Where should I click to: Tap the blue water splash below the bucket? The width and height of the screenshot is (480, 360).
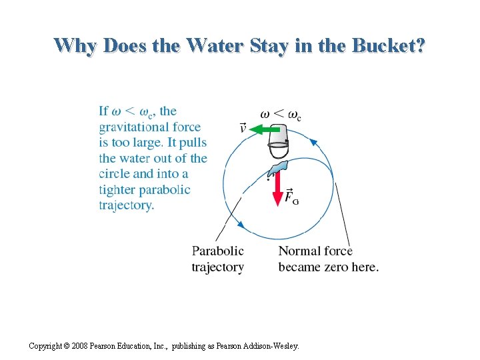point(277,169)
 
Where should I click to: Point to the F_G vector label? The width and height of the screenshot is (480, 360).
point(291,197)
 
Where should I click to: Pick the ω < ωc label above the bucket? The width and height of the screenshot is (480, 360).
point(280,114)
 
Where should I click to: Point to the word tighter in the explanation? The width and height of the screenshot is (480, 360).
point(117,189)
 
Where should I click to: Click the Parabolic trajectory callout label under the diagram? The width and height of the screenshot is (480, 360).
point(218,259)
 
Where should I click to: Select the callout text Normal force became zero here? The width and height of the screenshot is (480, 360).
point(328,259)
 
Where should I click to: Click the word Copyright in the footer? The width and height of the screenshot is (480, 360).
point(48,346)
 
